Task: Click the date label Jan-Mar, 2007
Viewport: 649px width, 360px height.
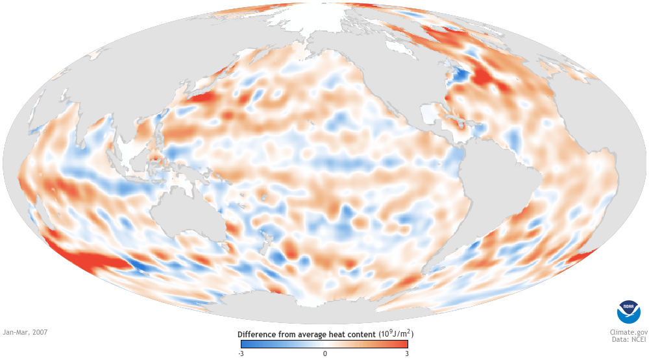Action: (25, 332)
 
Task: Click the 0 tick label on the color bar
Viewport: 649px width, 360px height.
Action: (324, 354)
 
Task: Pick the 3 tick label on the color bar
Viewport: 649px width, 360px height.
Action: (407, 354)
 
